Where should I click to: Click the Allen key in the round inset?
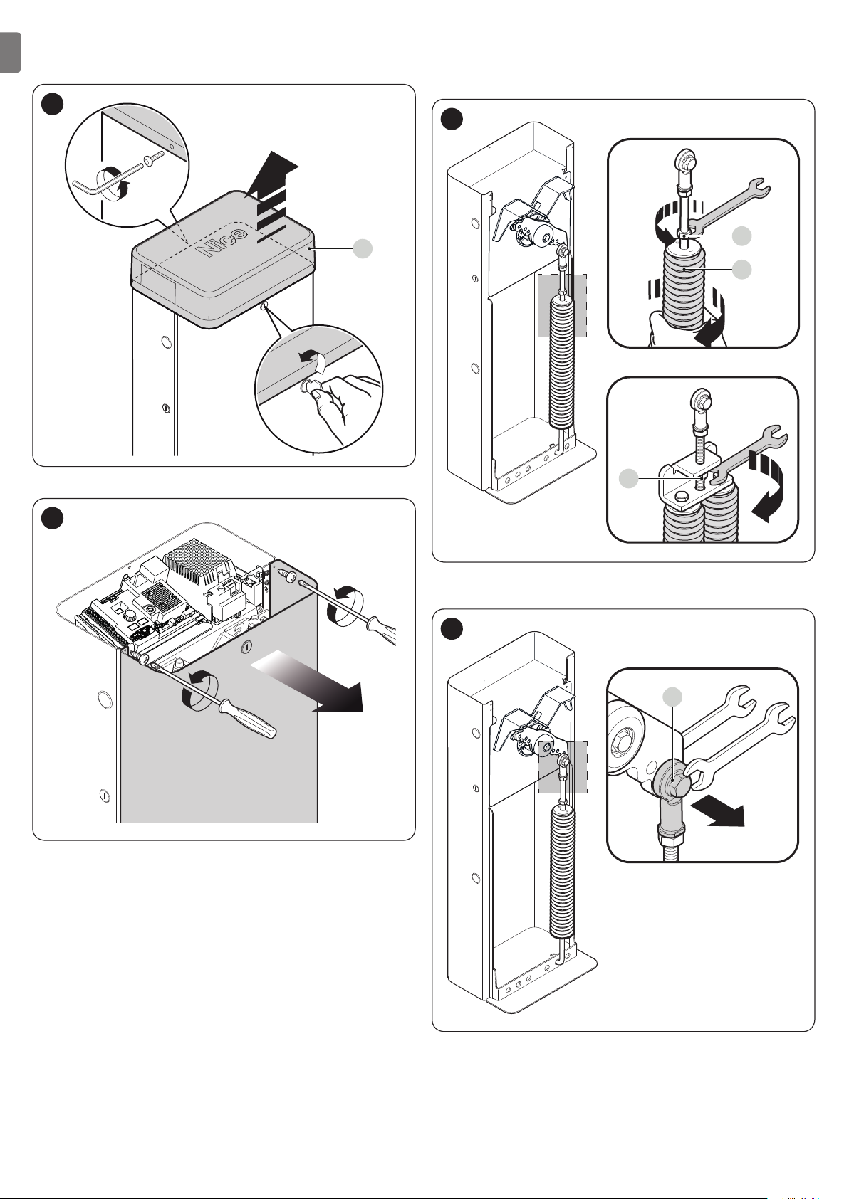point(107,177)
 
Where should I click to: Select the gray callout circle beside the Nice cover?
point(363,248)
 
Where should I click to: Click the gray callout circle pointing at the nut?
point(742,235)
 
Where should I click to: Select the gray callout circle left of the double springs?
point(628,480)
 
